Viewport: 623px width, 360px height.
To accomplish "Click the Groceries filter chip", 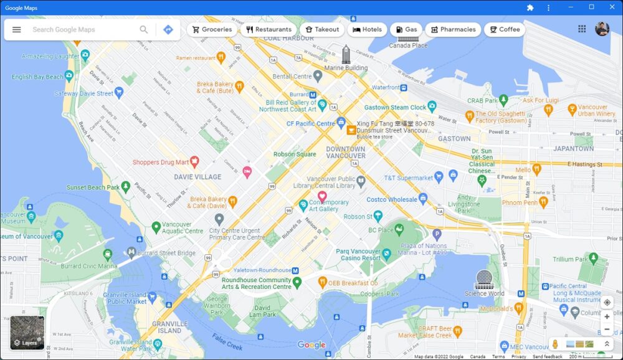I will [x=212, y=29].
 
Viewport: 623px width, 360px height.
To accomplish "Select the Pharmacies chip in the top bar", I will [x=453, y=29].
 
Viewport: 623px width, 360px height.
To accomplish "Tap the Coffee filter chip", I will [x=504, y=29].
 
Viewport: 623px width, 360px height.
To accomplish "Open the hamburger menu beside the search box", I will [x=17, y=29].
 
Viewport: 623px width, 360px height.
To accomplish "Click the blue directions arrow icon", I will [x=168, y=29].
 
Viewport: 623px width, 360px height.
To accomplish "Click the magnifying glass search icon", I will [x=144, y=29].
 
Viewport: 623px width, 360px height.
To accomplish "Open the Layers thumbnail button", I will [x=27, y=333].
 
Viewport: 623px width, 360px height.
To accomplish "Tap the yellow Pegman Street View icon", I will [x=554, y=344].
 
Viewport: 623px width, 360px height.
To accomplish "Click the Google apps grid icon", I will [x=582, y=29].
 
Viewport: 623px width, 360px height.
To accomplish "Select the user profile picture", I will [x=602, y=29].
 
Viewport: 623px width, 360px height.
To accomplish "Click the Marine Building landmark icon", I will [x=346, y=54].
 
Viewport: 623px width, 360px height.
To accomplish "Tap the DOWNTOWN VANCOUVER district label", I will [x=346, y=152].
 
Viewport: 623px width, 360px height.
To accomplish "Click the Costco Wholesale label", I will [x=391, y=199].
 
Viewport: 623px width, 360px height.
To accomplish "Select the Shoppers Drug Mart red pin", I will [x=194, y=162].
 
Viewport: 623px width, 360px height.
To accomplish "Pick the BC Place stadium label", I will [x=381, y=230].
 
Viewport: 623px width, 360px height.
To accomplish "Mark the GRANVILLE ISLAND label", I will [x=169, y=327].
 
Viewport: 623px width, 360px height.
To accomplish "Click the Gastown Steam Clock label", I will [x=395, y=107].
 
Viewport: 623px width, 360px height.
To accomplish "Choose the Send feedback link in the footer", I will [x=547, y=356].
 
